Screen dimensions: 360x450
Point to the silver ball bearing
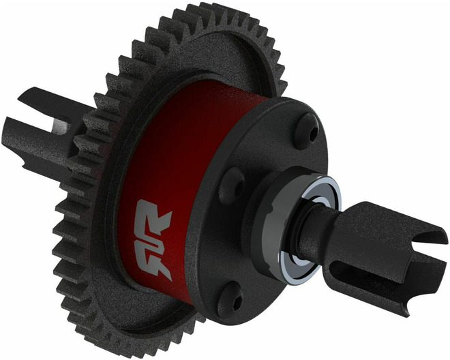tap(320, 228)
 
